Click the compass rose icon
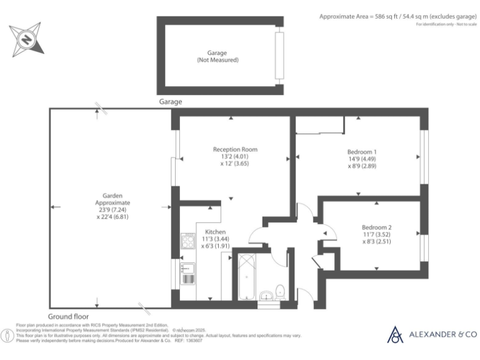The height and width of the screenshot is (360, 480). pos(26,39)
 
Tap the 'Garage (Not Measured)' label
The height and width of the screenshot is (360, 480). pos(217,57)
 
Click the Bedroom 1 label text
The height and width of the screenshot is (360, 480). pos(362,152)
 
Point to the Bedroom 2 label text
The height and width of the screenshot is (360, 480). pos(377,227)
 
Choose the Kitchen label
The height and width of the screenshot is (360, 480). pos(215,232)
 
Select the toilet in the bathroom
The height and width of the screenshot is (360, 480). pos(281,291)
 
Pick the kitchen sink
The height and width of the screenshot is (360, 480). pos(188,274)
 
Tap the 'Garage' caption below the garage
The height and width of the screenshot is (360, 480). pos(170,101)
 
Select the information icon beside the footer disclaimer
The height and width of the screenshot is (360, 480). pos(8,336)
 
